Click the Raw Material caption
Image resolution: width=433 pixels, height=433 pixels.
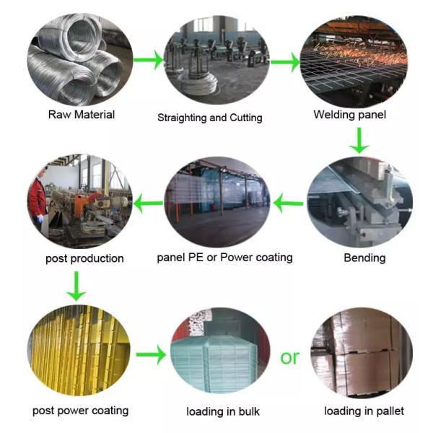(81, 114)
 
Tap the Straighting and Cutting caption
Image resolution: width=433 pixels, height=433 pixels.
(210, 117)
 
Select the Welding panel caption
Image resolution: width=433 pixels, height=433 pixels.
(350, 114)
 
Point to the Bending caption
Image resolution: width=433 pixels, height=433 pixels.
(364, 258)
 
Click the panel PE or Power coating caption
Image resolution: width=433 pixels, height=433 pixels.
(225, 258)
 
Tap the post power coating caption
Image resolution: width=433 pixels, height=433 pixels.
(80, 410)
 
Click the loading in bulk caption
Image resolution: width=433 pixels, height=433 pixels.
(222, 411)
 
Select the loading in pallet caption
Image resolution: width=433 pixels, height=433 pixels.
(364, 411)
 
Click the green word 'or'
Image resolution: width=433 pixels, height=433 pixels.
(289, 357)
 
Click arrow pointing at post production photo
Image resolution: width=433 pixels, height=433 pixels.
(149, 204)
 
